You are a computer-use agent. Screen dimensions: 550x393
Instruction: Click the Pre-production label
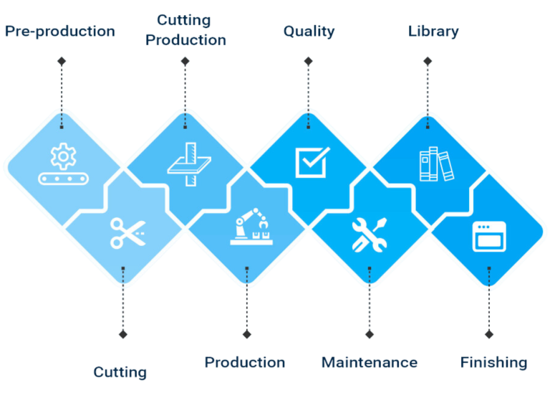(x=60, y=32)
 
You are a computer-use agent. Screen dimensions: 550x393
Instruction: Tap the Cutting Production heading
(x=185, y=30)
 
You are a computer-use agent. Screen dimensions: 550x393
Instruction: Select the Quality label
(x=309, y=32)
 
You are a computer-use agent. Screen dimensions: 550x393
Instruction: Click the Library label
(x=433, y=32)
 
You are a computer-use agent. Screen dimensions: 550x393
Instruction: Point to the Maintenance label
(x=370, y=362)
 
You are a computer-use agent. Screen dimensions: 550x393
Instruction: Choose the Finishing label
(x=493, y=362)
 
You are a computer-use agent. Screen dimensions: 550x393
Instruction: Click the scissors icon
(x=127, y=233)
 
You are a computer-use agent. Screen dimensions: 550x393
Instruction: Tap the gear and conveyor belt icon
(x=63, y=164)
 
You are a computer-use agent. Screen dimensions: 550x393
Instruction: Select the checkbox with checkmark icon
(x=312, y=162)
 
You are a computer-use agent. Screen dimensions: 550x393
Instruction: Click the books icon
(x=437, y=164)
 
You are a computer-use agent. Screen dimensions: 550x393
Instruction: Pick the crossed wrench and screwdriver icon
(x=370, y=235)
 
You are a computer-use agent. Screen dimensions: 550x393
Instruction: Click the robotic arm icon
(x=251, y=227)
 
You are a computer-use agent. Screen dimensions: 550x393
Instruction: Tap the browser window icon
(x=489, y=237)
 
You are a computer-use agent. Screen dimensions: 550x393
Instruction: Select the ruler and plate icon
(x=189, y=164)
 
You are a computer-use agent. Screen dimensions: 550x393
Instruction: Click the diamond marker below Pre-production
(x=62, y=62)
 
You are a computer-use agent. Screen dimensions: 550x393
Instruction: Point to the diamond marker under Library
(x=428, y=62)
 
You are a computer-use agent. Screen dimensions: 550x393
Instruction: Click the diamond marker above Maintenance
(x=370, y=334)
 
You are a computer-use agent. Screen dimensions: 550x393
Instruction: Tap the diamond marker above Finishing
(x=489, y=334)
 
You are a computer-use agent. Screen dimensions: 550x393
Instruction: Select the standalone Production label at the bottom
(x=245, y=362)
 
